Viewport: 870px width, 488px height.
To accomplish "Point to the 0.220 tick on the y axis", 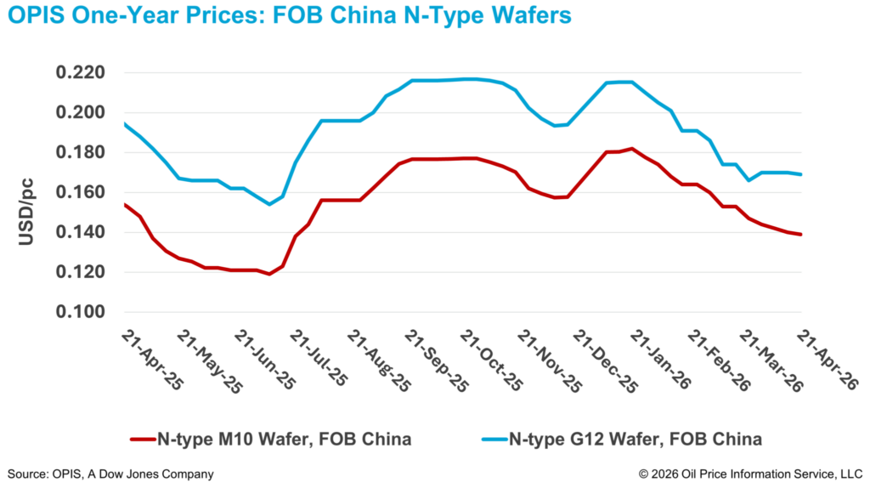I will [80, 73].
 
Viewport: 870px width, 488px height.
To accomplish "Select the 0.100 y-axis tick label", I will [80, 313].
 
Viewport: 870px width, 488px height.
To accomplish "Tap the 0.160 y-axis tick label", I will [80, 193].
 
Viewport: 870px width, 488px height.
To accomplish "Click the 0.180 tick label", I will [80, 153].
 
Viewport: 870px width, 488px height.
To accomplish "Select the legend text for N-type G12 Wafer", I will [636, 440].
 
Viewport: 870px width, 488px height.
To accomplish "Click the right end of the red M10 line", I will [801, 235].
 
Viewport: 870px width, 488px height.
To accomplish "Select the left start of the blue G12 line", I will [125, 124].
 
